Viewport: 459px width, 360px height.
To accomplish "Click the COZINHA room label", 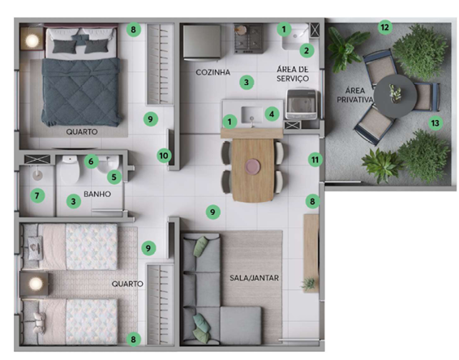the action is click(x=213, y=72).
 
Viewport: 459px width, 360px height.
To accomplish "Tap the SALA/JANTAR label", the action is click(x=254, y=278).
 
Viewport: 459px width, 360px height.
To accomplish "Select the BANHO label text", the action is click(x=97, y=194).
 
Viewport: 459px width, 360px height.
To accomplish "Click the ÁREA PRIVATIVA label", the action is click(x=354, y=95).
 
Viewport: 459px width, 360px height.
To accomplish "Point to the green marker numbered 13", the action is click(x=435, y=123).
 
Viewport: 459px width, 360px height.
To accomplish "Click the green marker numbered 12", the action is click(x=384, y=28).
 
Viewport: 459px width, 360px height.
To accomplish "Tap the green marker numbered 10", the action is click(x=164, y=156).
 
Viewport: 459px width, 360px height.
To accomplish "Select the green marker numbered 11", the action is click(x=315, y=160).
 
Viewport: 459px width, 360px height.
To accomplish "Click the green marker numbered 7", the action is click(x=37, y=195).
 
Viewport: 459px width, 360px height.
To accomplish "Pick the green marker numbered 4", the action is click(x=272, y=114).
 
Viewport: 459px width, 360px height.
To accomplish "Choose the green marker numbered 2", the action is click(x=307, y=50).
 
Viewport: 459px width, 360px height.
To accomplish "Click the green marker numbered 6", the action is click(x=91, y=161).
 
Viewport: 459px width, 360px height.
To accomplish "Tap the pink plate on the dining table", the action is click(x=253, y=166).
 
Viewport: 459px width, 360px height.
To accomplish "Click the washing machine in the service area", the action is click(x=302, y=105).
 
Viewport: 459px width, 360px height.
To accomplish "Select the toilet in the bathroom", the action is click(x=70, y=169).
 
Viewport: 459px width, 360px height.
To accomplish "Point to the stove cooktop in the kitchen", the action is click(x=248, y=39).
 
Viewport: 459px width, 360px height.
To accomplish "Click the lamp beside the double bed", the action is click(x=32, y=41).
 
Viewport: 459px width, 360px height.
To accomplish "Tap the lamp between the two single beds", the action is click(x=36, y=283).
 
